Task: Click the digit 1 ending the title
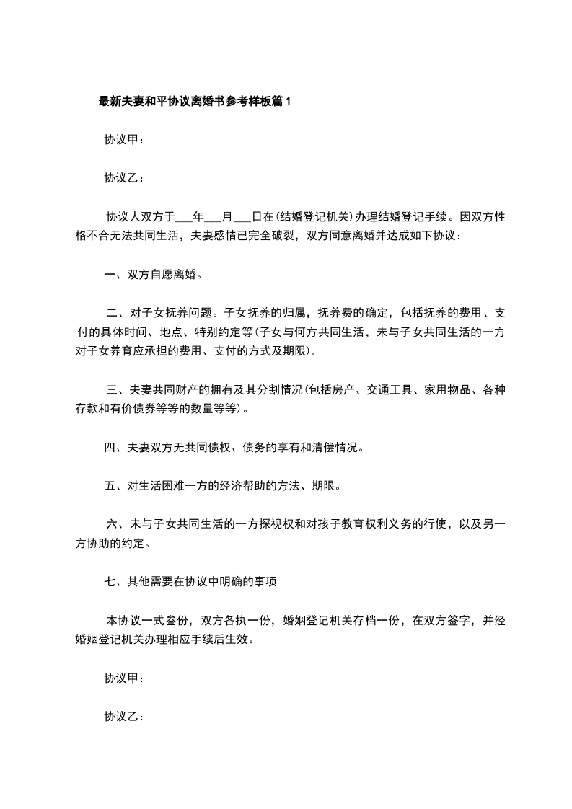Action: point(289,102)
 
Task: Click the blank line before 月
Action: point(214,216)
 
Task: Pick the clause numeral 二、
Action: point(116,313)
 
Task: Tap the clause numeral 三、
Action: point(116,391)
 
